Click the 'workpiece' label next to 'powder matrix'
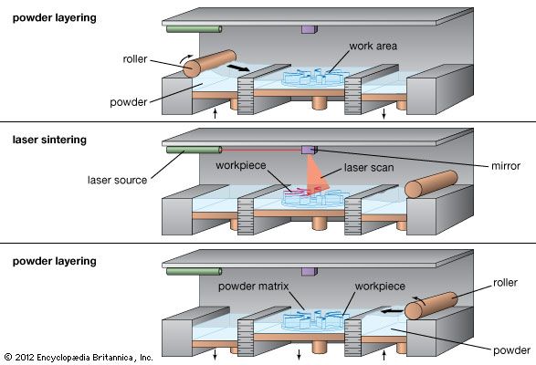pos(372,287)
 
